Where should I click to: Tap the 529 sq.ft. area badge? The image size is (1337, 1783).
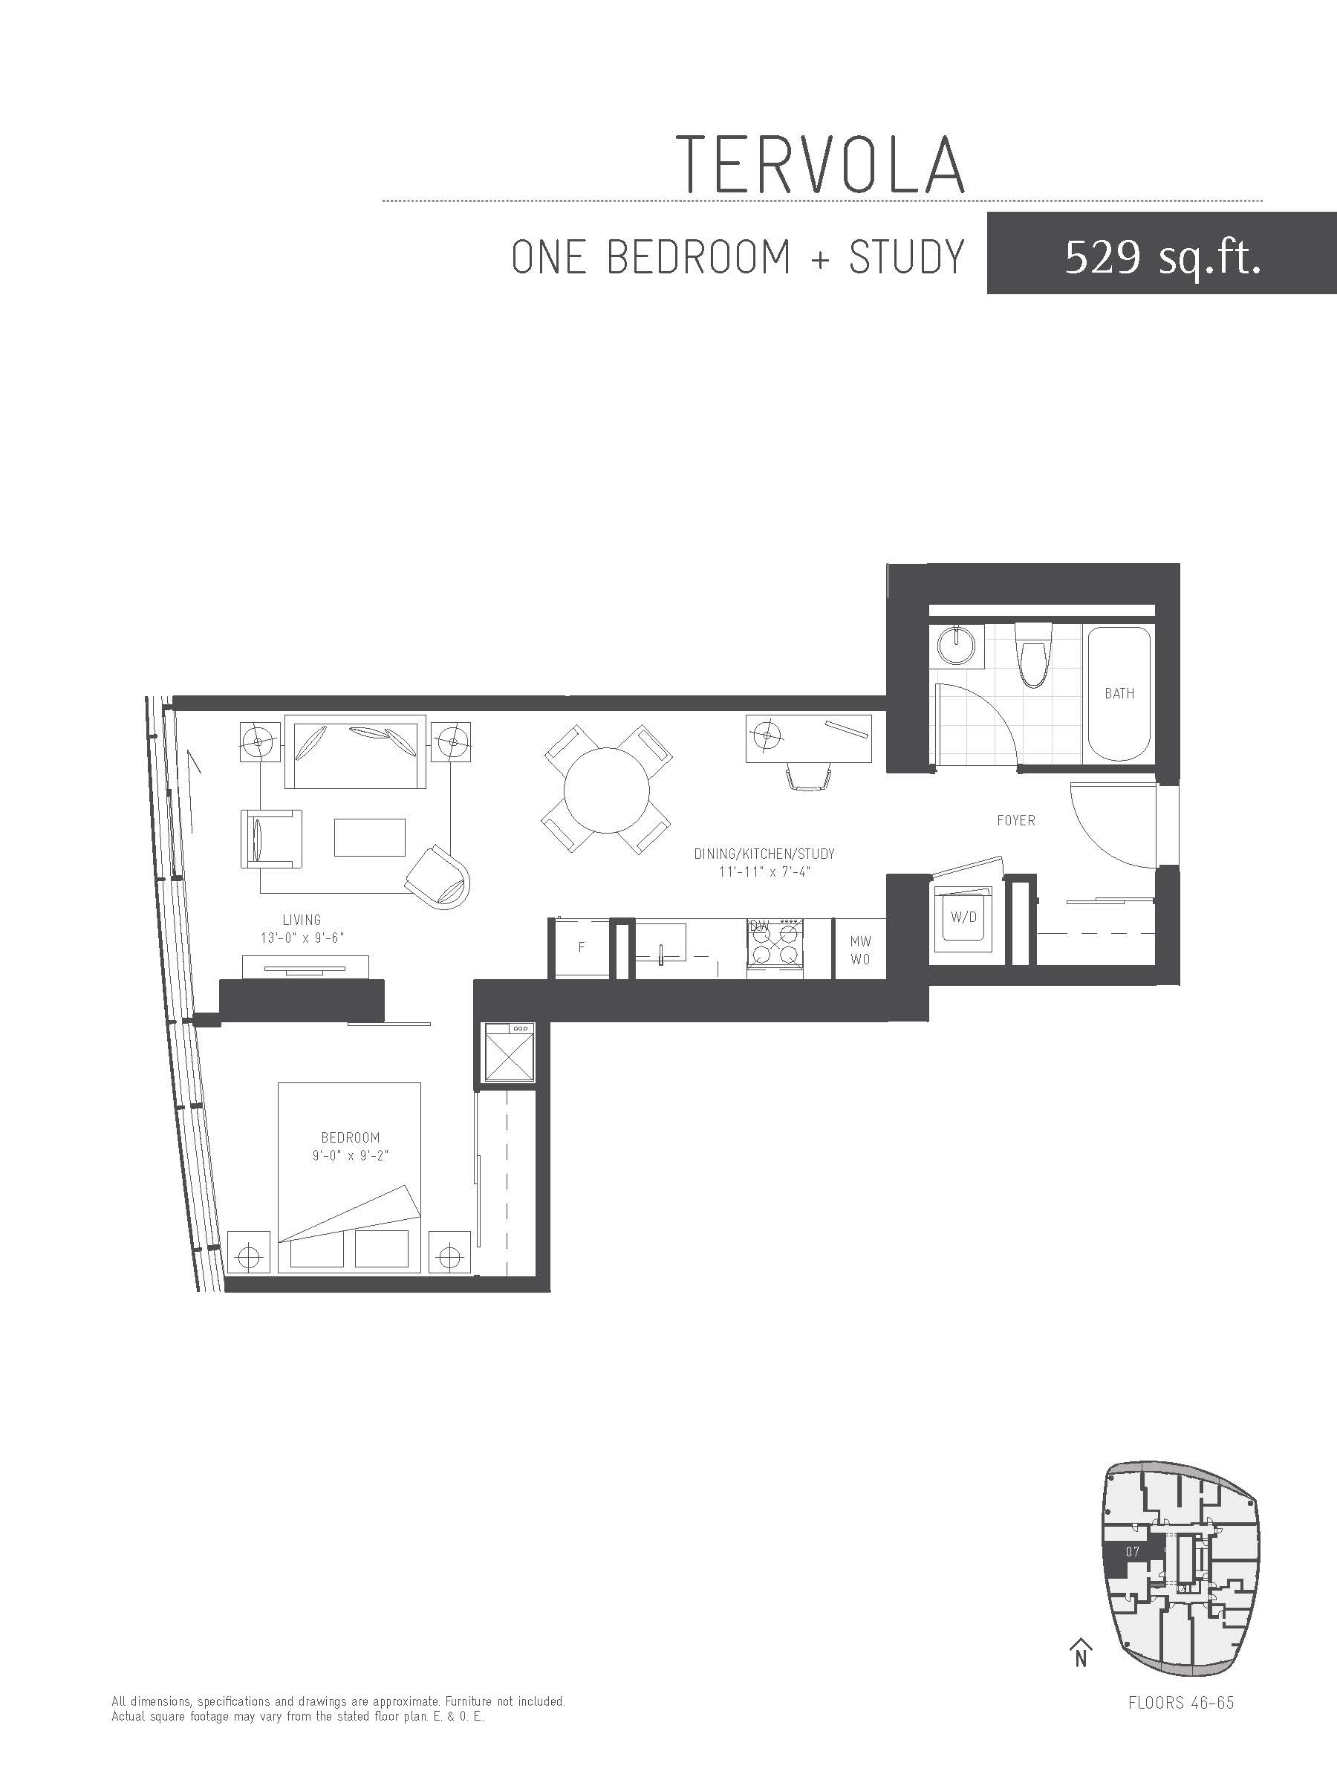click(1161, 253)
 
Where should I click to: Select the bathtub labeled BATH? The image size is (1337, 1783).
click(1119, 694)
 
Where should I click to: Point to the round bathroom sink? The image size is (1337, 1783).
click(957, 646)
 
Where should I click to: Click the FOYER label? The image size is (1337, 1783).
click(1015, 821)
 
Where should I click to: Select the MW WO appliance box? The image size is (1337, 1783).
click(860, 949)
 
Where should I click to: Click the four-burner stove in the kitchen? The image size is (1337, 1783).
click(775, 948)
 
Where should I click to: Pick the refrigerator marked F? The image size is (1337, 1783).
click(580, 948)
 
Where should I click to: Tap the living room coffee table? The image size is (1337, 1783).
click(370, 837)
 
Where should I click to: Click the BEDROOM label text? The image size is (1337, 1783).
click(351, 1137)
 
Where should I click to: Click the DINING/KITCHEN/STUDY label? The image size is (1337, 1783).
click(764, 854)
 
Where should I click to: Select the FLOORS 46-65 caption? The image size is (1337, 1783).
click(1182, 1704)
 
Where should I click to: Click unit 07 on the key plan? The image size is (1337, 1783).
click(1132, 1552)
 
